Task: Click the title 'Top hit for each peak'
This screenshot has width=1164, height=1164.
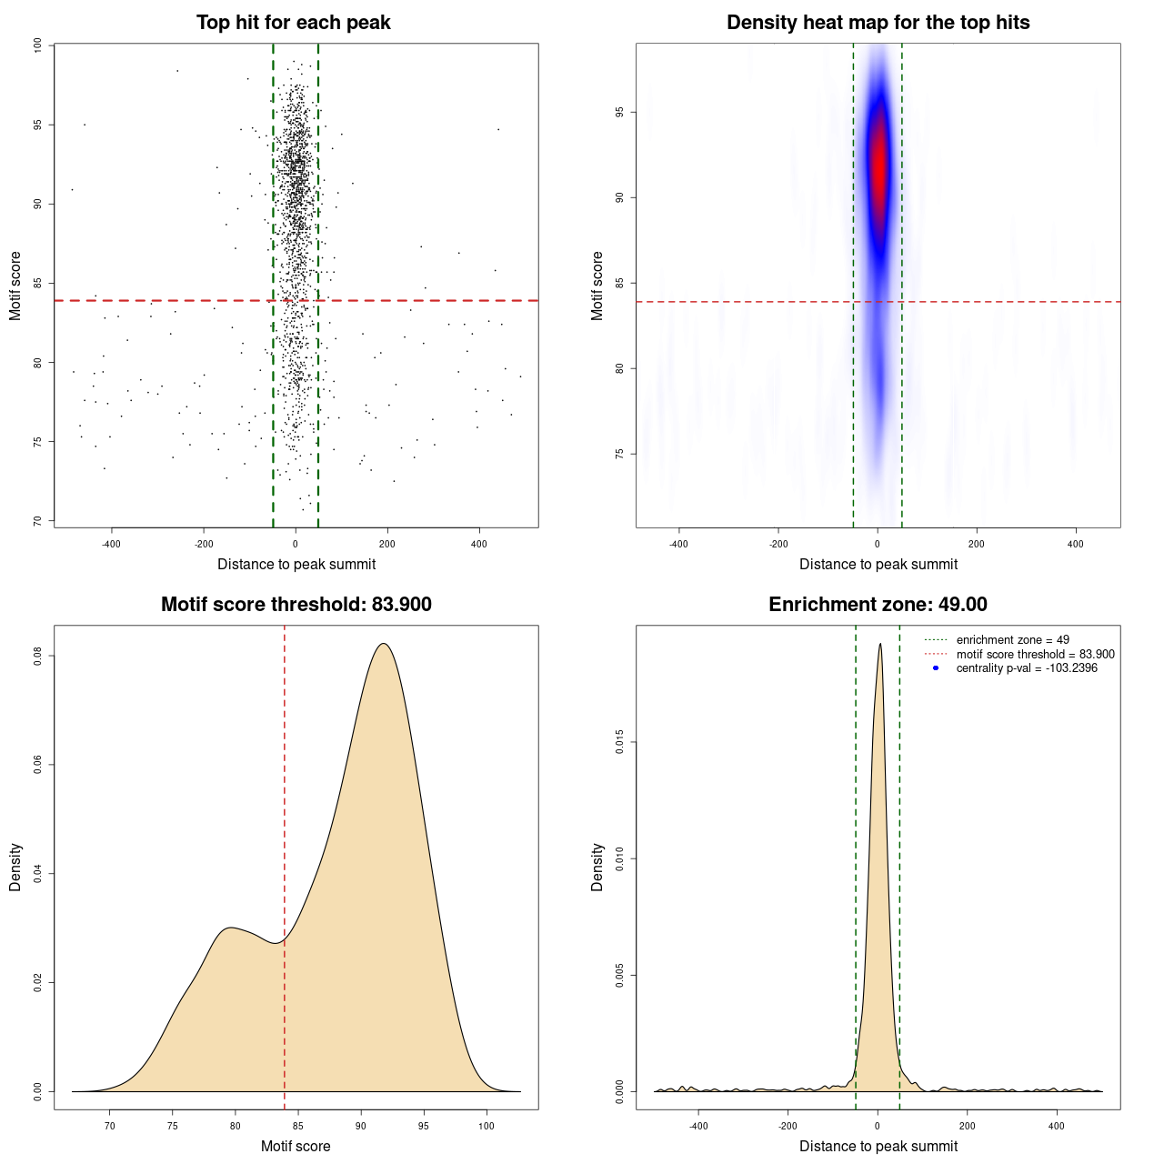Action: (x=293, y=23)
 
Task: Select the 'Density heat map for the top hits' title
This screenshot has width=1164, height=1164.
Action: (x=878, y=23)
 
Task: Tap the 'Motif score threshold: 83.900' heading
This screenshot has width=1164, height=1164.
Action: (x=296, y=605)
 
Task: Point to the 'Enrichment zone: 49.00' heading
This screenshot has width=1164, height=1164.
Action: (x=878, y=605)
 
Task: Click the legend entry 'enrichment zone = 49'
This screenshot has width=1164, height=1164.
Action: (x=1012, y=640)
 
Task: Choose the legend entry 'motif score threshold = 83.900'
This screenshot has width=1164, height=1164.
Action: (x=1035, y=654)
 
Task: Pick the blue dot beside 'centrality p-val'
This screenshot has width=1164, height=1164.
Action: (x=936, y=668)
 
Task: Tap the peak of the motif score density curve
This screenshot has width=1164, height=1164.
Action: (x=384, y=644)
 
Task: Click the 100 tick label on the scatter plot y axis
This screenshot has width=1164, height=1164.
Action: (x=37, y=45)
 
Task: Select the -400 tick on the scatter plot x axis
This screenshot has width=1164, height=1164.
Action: (x=111, y=544)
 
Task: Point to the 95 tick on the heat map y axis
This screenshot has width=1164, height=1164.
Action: (x=619, y=112)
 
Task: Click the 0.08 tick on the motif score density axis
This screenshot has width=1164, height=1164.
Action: (x=37, y=656)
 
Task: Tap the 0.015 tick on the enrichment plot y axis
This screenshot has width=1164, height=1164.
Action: (x=619, y=743)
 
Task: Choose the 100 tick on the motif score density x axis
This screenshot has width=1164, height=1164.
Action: (x=486, y=1126)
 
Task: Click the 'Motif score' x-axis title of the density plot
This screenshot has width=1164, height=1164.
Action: (x=296, y=1146)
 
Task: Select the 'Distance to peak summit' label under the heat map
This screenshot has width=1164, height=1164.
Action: (x=878, y=564)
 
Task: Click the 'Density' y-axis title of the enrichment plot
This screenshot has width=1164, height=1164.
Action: (x=597, y=867)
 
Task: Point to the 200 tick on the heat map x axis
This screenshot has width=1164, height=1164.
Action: (x=976, y=544)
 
